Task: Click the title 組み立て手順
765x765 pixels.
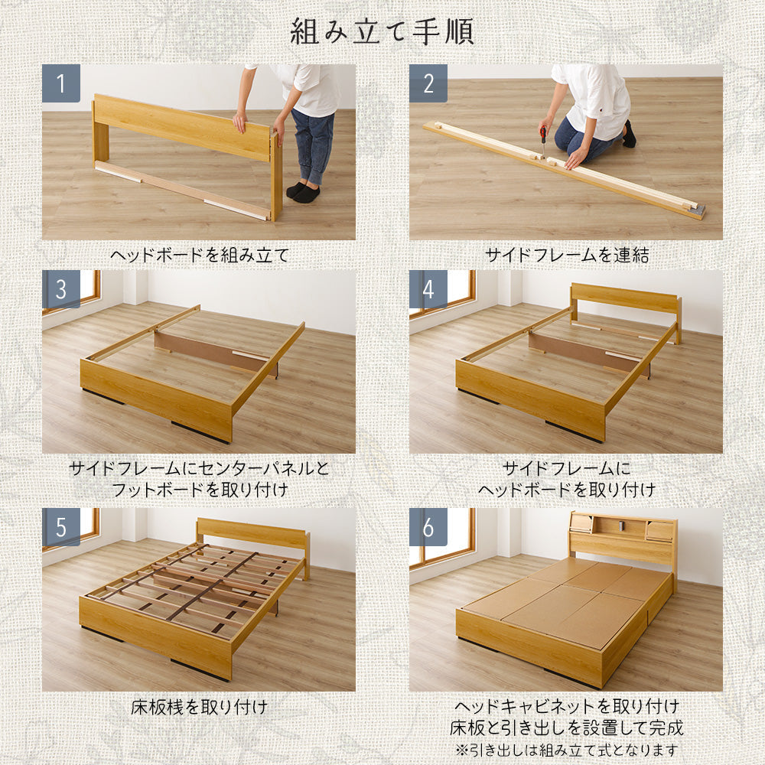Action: point(382,33)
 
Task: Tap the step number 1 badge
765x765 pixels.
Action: point(61,83)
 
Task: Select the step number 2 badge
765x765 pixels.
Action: point(428,83)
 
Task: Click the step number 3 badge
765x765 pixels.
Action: point(61,289)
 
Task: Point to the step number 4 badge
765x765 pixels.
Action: point(428,289)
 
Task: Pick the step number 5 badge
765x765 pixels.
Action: point(61,527)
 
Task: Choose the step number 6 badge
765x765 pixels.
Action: point(428,527)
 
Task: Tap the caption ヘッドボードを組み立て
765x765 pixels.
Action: point(200,255)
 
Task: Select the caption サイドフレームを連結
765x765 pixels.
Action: point(567,255)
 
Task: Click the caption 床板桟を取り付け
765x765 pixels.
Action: point(200,707)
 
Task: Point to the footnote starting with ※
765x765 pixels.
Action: point(566,750)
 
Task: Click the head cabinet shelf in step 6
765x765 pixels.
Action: point(623,538)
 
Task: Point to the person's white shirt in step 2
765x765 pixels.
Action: point(591,99)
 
